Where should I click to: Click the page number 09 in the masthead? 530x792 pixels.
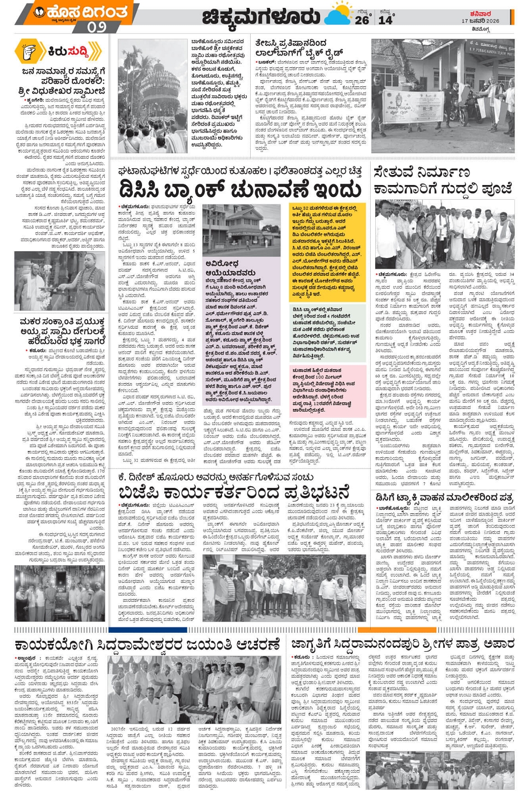96,26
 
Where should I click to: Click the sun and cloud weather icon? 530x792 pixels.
337,15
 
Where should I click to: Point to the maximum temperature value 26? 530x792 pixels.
362,20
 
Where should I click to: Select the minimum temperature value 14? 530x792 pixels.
385,20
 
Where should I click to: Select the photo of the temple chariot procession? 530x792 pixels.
153,96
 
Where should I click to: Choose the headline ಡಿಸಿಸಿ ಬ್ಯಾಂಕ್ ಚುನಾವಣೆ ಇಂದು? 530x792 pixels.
239,188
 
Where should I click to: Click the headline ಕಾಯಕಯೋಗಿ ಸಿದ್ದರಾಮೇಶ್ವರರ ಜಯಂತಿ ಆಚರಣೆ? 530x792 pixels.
147,643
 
